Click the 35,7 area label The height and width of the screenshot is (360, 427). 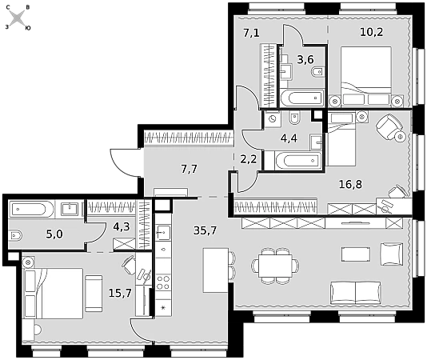[x=205, y=231]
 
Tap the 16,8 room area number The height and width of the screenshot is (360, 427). [x=350, y=185]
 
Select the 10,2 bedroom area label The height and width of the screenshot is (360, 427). [x=372, y=32]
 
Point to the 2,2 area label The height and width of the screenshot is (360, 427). [x=249, y=159]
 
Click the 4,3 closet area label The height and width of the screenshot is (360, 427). [x=122, y=226]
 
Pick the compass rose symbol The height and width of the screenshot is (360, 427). [x=18, y=18]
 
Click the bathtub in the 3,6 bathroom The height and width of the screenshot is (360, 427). [x=302, y=98]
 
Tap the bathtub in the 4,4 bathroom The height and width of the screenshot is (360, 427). [x=298, y=161]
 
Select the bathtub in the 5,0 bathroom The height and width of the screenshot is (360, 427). [x=32, y=209]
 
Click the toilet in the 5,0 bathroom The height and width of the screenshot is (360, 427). [x=15, y=235]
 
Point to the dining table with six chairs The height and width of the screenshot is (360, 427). [x=275, y=266]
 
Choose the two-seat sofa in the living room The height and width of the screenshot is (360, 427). [x=356, y=293]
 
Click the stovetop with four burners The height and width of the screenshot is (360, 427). [x=163, y=282]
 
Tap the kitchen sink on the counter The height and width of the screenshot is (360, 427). [x=163, y=233]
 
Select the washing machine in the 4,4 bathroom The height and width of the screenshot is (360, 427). [x=272, y=119]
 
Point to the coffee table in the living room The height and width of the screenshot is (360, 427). [x=356, y=254]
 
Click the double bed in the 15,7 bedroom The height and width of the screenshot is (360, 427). [x=54, y=293]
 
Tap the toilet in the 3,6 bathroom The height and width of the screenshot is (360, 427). [x=317, y=72]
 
